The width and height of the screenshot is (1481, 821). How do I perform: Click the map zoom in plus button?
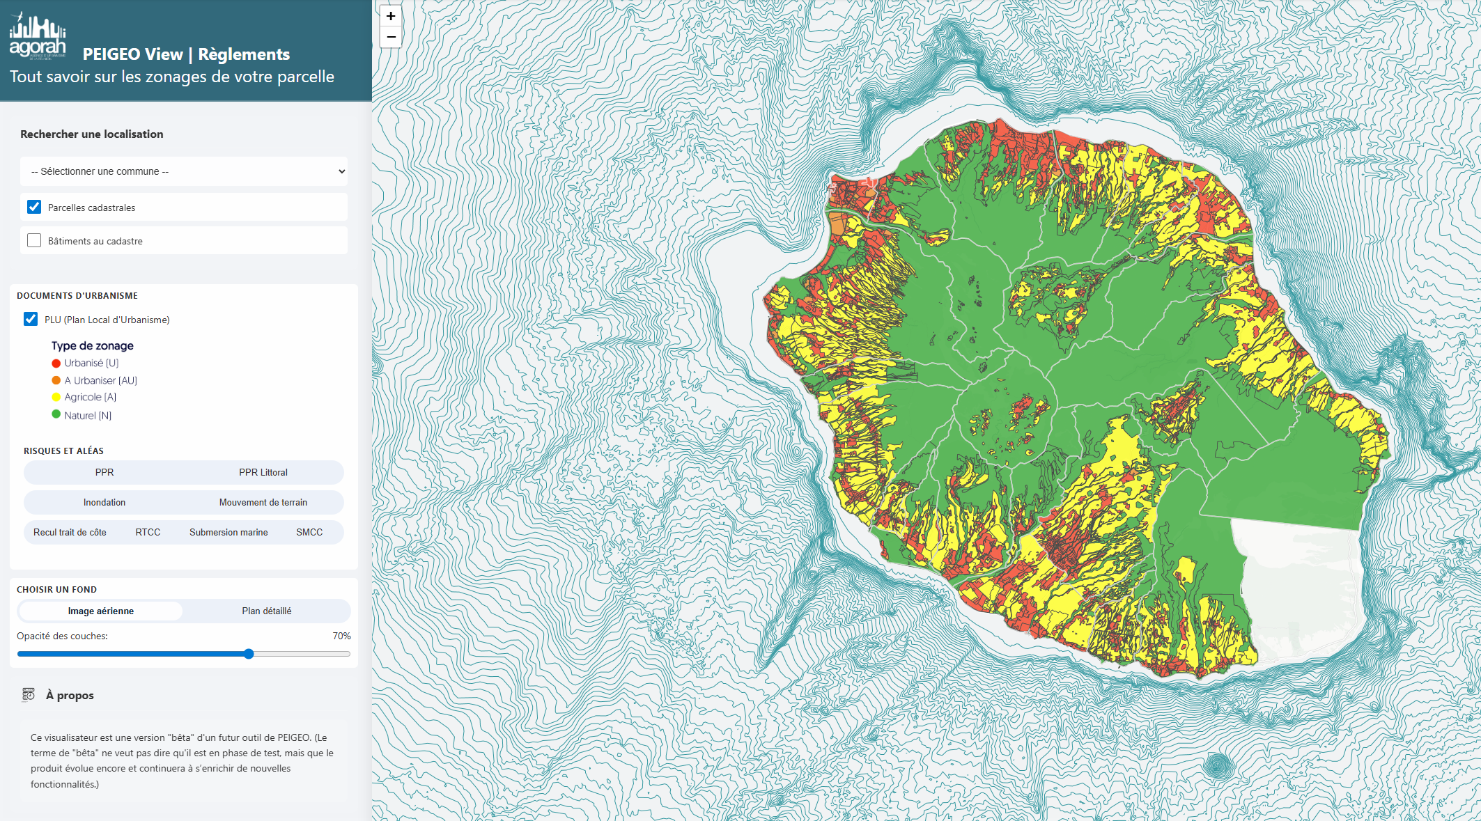click(391, 16)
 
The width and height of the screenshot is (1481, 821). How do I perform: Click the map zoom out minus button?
click(391, 37)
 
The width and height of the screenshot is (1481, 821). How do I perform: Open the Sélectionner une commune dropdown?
click(184, 171)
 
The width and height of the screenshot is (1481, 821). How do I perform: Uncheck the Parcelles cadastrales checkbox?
click(34, 207)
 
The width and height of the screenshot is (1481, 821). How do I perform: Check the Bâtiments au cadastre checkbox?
click(34, 240)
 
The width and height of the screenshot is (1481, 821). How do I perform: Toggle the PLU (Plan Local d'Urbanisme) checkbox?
click(31, 319)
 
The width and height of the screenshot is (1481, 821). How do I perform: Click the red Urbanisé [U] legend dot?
click(56, 363)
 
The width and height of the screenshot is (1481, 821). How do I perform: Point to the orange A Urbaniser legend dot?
click(56, 380)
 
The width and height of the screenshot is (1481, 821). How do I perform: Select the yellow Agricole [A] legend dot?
click(56, 397)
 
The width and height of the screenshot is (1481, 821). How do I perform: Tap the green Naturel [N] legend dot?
click(56, 414)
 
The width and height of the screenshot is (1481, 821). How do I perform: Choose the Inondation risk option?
click(104, 502)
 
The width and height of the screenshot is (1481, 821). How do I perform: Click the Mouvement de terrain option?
click(263, 502)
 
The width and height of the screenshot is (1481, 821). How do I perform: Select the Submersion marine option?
click(228, 532)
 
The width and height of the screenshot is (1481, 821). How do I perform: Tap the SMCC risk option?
click(309, 532)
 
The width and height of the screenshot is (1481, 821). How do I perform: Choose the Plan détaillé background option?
click(266, 611)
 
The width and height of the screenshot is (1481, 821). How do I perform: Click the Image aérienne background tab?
click(101, 611)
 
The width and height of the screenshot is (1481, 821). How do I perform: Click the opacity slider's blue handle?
click(249, 654)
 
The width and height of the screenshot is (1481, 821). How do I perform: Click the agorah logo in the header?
click(38, 36)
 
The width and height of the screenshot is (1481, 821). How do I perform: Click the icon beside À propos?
click(29, 694)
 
